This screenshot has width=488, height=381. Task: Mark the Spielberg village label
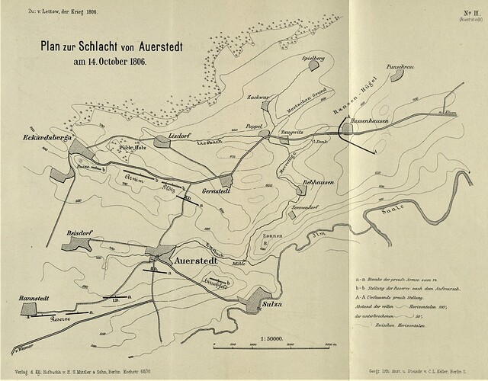[x=313, y=57]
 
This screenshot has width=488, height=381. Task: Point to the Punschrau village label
[x=404, y=67]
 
